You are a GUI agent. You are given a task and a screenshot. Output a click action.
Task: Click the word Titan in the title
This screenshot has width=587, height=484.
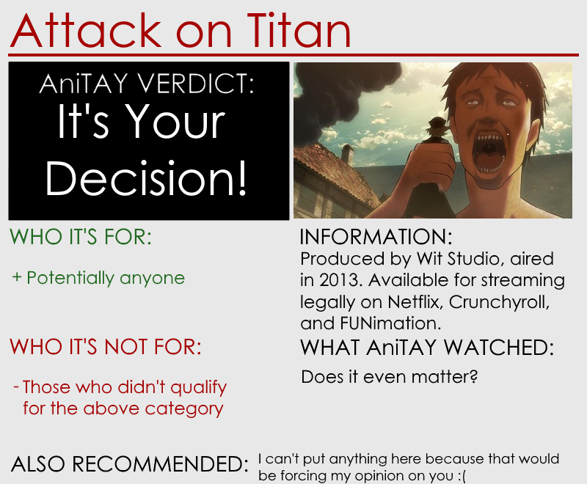point(299,30)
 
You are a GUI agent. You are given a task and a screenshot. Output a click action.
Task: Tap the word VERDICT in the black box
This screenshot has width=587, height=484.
point(194,83)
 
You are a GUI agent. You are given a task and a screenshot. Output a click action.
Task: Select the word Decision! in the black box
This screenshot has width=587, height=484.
point(146,178)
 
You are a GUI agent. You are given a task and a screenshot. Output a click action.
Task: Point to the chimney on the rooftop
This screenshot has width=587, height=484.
point(347,154)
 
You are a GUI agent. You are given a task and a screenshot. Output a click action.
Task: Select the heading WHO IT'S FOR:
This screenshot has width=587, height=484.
point(81,237)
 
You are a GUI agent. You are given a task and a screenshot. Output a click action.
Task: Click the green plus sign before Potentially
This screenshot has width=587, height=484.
point(17,277)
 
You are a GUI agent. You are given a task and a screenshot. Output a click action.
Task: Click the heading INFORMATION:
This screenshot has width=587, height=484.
point(376,237)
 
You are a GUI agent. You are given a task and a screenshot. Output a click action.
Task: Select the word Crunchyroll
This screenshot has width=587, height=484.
point(499,302)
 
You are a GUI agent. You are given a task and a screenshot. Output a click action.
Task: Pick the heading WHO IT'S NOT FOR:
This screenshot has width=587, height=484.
point(105,346)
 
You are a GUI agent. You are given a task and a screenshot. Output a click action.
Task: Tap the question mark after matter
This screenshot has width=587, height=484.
point(473,376)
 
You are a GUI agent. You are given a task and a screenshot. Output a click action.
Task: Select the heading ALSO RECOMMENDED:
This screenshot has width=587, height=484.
point(130,463)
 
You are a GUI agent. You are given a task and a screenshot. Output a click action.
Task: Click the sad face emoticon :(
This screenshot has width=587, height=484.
point(462,476)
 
